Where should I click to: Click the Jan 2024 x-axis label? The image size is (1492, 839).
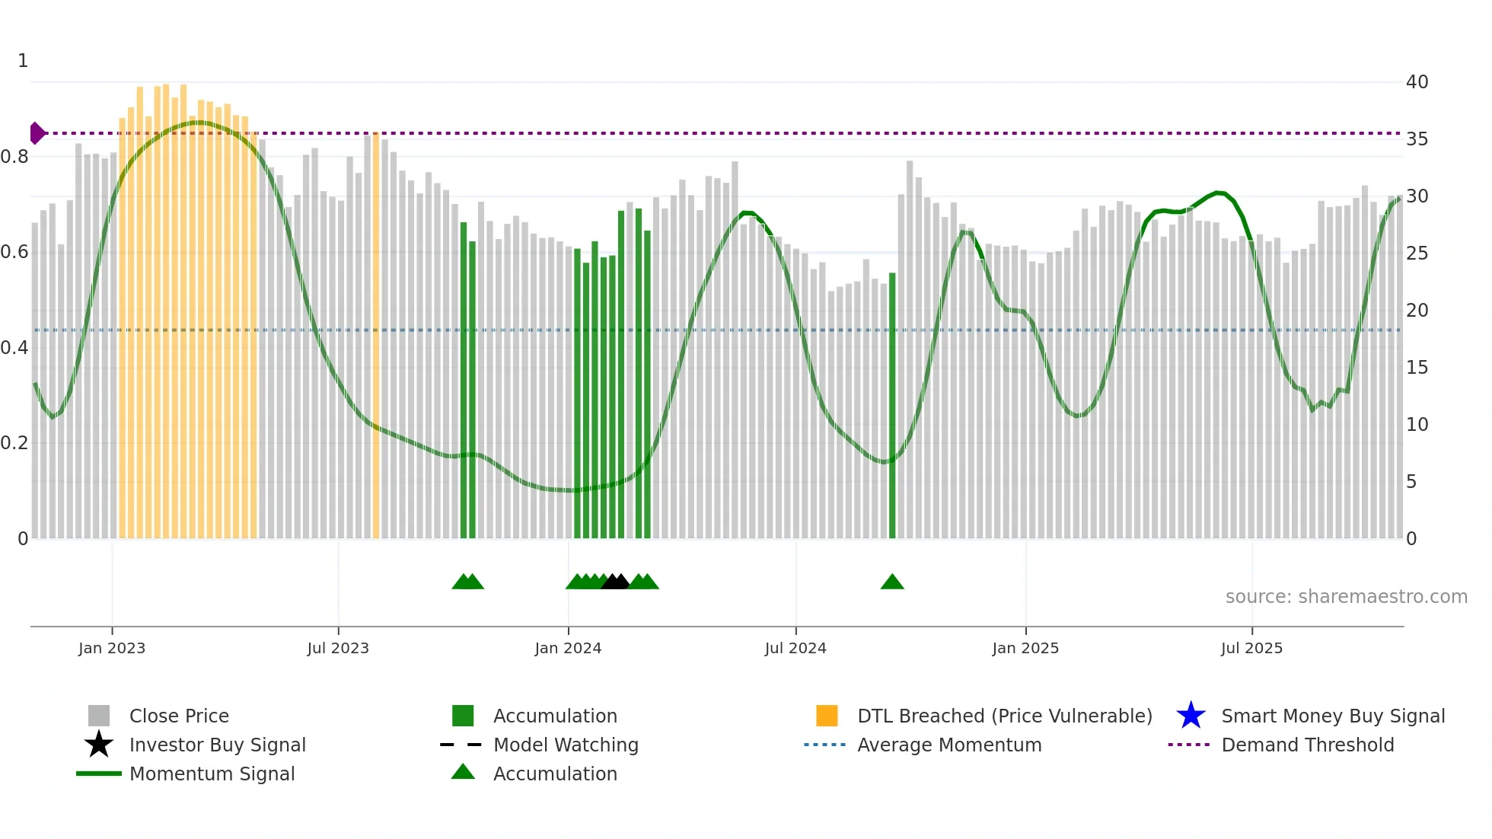(568, 648)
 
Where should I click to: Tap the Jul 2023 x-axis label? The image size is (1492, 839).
(338, 648)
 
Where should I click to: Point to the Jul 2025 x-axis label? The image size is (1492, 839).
(1251, 648)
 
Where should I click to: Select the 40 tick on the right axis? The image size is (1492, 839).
(1417, 82)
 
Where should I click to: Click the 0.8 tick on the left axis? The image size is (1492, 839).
(14, 157)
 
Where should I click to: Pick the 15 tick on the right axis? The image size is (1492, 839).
(1417, 368)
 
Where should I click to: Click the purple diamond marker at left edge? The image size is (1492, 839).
(37, 133)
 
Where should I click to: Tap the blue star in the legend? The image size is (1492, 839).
(1191, 716)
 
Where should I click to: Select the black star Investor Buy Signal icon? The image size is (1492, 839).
(99, 745)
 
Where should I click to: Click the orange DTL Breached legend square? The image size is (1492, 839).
(827, 716)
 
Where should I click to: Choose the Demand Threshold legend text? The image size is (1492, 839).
(1307, 745)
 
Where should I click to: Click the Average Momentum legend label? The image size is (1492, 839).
(949, 745)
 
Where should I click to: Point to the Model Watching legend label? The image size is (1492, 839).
(566, 745)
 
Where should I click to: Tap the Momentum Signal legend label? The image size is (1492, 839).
(212, 774)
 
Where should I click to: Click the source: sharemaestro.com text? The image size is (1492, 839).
(1346, 597)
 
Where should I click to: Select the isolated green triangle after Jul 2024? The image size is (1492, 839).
(892, 582)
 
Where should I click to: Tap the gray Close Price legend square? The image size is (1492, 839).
(99, 716)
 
